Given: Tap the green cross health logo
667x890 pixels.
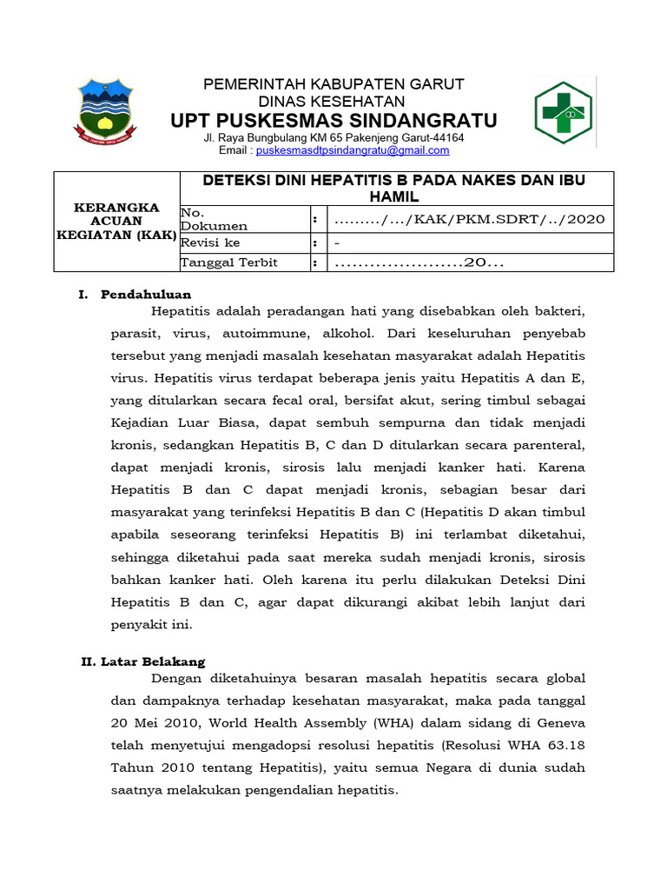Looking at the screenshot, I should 562,112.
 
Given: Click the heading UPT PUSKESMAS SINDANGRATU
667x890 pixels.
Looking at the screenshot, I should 333,119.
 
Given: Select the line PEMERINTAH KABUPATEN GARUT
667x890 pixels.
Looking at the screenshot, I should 333,84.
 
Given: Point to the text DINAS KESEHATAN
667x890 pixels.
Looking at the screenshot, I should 333,101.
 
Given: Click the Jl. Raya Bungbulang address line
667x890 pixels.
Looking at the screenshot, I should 333,137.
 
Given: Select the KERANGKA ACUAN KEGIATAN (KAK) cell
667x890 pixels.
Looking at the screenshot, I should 116,221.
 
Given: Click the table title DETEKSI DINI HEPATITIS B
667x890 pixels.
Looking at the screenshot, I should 394,188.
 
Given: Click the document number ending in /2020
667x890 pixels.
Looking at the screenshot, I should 469,219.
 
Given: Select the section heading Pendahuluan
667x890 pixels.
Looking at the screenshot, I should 146,294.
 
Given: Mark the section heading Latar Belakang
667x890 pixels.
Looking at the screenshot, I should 154,661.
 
